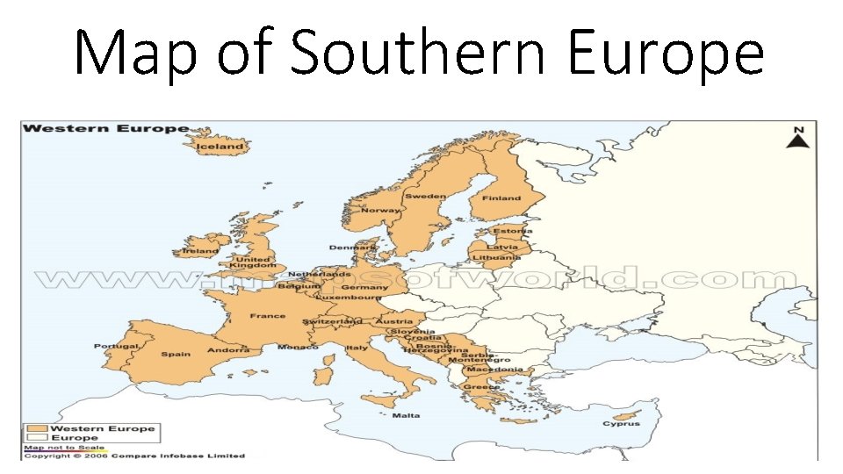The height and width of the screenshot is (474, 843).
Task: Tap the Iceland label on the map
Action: coord(220,147)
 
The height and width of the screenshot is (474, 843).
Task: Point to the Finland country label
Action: coord(502,198)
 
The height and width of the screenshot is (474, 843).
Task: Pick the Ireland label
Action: coord(200,251)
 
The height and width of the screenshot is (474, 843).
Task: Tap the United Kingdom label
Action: coord(255,262)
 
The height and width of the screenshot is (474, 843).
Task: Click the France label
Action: coord(267,316)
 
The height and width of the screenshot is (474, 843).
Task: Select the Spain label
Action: coord(175,355)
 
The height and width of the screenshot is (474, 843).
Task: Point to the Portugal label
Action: coord(116,346)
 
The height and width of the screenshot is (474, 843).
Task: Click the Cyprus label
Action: coord(621,424)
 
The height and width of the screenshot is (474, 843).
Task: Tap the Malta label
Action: coord(406,415)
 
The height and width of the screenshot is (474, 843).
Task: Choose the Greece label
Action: coord(481,387)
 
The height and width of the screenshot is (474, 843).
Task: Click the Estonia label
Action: coord(507,231)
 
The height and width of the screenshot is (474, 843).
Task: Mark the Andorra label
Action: coord(227,350)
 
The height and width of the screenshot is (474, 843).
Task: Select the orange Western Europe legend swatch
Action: coord(37,429)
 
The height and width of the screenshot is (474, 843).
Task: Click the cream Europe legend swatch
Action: coord(37,438)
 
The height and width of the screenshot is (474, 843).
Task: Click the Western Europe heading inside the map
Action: coord(105,128)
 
